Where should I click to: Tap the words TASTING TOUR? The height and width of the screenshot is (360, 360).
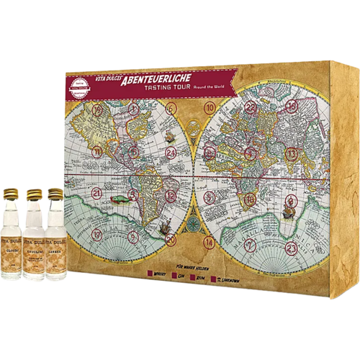(x=166, y=94)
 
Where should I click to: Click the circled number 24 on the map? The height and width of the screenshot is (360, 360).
(x=171, y=153)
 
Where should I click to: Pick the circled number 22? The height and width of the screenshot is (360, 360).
(x=251, y=107)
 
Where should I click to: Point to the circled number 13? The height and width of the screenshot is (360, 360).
(x=292, y=153)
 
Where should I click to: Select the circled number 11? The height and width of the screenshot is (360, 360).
(x=96, y=152)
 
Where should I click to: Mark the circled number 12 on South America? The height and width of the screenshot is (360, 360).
(x=171, y=195)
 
